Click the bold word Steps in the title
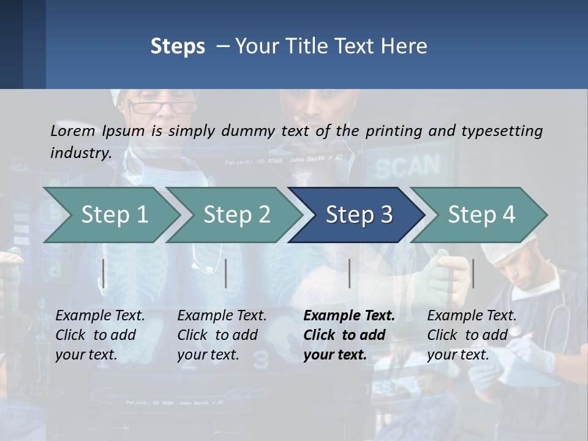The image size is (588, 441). tap(178, 47)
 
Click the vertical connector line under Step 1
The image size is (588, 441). tap(104, 273)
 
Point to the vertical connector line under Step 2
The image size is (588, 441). tap(226, 273)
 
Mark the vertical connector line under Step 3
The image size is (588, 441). tap(349, 273)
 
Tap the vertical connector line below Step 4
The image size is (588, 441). tap(473, 273)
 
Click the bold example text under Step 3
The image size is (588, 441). tap(349, 335)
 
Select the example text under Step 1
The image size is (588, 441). tap(100, 335)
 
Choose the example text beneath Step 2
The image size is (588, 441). tap(222, 335)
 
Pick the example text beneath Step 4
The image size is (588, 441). tap(472, 335)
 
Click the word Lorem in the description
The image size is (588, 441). tap(73, 130)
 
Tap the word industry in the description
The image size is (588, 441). tap(80, 153)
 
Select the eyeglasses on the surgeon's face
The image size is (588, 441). tap(161, 107)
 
